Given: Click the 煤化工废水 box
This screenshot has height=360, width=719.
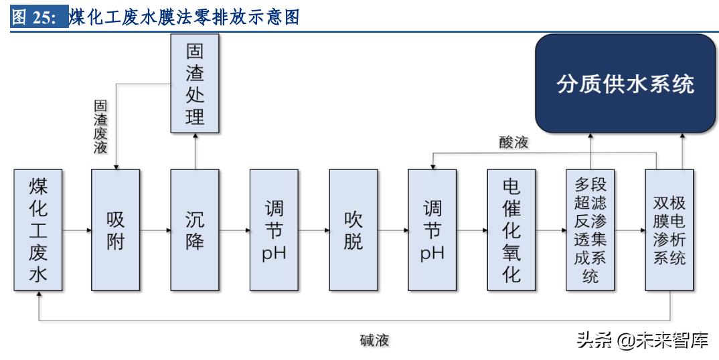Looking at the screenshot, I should click(x=37, y=230).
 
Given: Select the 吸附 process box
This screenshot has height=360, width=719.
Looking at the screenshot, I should click(x=116, y=230).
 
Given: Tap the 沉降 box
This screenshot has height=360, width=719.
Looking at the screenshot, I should click(x=195, y=230).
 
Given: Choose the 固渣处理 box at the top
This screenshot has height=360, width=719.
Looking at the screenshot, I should click(x=195, y=83).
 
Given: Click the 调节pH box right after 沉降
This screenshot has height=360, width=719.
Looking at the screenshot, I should click(x=274, y=230).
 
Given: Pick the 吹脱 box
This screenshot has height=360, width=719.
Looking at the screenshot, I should click(x=353, y=230).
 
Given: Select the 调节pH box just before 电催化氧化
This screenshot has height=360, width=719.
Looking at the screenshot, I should click(x=432, y=230).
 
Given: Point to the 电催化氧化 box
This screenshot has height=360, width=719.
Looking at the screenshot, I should click(x=511, y=230).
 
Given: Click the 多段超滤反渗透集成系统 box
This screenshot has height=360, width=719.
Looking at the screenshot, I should click(x=590, y=230).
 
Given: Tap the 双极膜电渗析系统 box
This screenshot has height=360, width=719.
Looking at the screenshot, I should click(x=669, y=230).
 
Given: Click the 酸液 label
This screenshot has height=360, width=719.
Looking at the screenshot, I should click(x=513, y=143).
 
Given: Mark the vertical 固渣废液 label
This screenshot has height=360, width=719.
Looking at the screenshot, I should click(x=100, y=127).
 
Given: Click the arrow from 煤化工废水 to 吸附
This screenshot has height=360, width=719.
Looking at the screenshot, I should click(x=76, y=230).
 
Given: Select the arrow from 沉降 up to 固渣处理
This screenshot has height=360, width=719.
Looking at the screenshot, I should click(x=195, y=151).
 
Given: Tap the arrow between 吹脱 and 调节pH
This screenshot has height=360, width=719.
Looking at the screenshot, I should click(x=392, y=230).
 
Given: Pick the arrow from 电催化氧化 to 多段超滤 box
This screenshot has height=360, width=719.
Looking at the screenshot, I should click(x=551, y=230).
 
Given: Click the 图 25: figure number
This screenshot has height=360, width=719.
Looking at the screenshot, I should click(x=39, y=19).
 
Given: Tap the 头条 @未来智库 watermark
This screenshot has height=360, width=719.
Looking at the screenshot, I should click(x=642, y=341).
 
